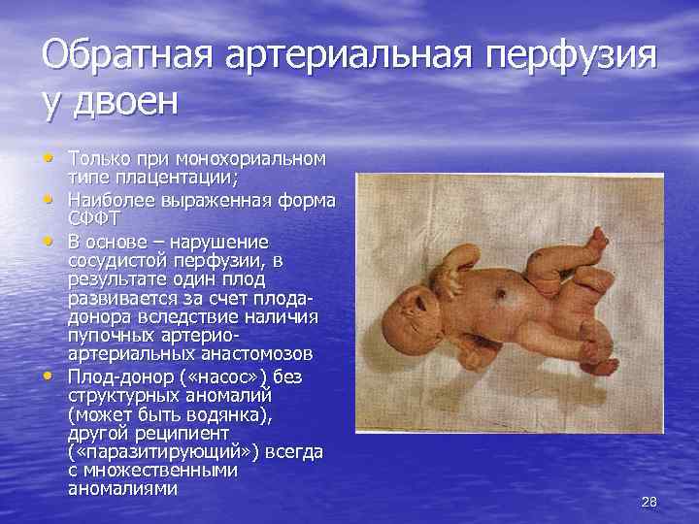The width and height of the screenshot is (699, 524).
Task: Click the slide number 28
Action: tap(649, 502)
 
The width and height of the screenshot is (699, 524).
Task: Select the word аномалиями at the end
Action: tap(122, 489)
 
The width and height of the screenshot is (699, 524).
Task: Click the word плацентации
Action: tap(185, 176)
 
